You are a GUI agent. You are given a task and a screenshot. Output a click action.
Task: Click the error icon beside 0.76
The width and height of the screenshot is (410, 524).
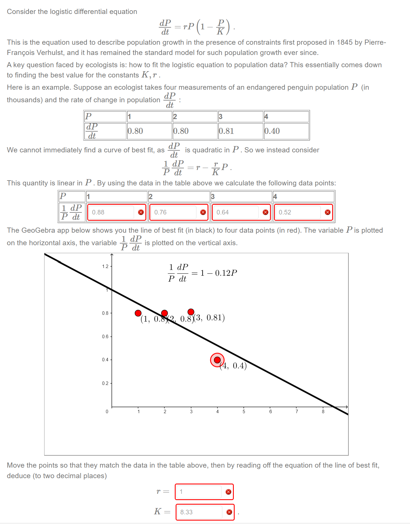pos(203,212)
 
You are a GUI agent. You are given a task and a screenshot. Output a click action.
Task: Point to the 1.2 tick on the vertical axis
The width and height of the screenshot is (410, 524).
pos(105,267)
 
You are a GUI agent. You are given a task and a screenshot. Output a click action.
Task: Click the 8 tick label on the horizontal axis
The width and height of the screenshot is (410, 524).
pos(323,412)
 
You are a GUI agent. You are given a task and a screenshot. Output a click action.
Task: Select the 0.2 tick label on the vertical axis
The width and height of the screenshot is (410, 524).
pos(105,383)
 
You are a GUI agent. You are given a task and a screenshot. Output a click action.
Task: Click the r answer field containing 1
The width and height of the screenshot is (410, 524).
pos(199,492)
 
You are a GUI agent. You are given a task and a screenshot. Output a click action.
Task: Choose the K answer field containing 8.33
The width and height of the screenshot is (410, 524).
pos(199,512)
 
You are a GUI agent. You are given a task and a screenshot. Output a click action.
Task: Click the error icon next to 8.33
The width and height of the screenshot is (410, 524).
pos(229,512)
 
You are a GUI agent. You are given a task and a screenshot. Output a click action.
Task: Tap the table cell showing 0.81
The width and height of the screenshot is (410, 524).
pos(240,131)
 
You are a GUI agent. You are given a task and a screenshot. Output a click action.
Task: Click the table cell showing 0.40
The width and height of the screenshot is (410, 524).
pos(286,131)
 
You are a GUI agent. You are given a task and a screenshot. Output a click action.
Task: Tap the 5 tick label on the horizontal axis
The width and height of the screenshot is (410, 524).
pos(244,412)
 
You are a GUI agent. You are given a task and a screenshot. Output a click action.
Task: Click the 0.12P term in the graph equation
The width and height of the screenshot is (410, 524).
pos(226,273)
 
